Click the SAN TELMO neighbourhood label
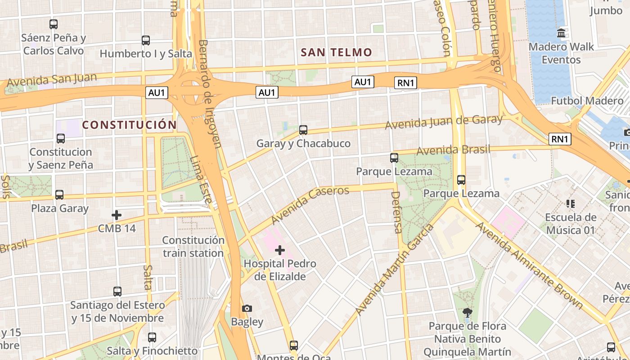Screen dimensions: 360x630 pos(337,53)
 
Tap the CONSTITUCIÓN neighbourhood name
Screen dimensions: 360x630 pos(129,125)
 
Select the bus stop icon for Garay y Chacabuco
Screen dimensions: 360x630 pos(303,130)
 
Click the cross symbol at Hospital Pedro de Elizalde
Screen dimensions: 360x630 pos(280,250)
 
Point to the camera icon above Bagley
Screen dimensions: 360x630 pos(247,308)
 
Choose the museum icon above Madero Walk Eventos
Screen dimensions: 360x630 pos(561,33)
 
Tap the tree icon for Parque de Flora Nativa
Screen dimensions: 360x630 pos(468,312)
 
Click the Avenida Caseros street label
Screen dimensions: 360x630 pos(310,205)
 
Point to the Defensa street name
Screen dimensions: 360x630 pos(396,212)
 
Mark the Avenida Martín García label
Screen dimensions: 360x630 pos(394,270)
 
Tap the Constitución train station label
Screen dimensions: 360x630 pos(193,247)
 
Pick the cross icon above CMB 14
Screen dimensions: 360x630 pos(117,215)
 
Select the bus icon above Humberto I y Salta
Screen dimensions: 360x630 pos(146,40)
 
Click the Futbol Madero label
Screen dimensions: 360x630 pos(587,101)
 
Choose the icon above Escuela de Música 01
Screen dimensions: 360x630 pos(571,204)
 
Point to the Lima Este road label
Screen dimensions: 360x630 pos(200,180)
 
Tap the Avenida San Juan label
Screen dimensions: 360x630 pos(52,80)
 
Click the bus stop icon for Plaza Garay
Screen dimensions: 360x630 pos(59,195)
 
